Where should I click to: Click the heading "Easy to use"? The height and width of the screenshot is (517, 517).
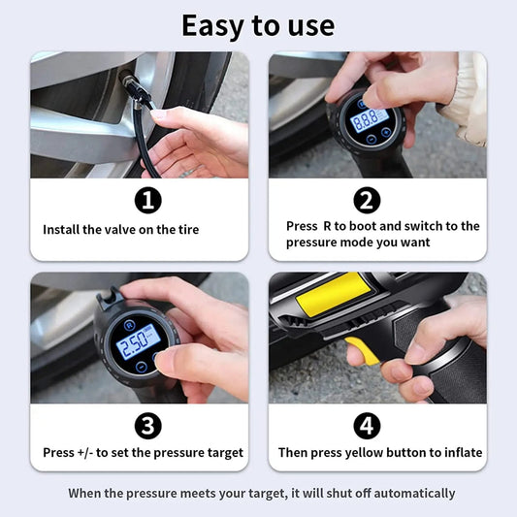click(258, 24)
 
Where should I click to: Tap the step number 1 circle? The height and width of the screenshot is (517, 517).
click(147, 201)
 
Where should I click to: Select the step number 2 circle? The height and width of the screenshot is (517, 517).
click(368, 201)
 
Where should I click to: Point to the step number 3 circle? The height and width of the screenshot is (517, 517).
click(147, 426)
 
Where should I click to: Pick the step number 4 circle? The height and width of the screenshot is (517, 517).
click(368, 426)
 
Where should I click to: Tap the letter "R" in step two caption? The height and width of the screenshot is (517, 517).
click(326, 226)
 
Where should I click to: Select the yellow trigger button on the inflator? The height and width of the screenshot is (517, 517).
click(361, 351)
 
